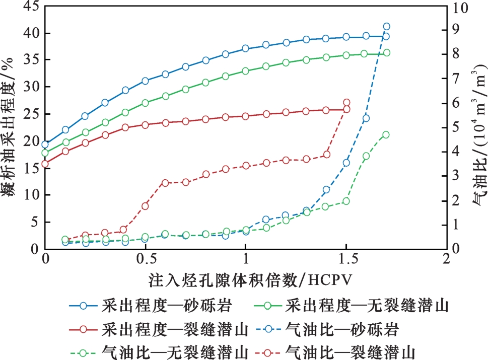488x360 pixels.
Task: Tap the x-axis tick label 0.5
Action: coord(145,259)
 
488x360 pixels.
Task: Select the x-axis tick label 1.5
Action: coord(346,259)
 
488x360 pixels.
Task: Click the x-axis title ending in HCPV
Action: coord(250,280)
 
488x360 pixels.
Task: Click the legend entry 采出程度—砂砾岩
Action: coord(151,306)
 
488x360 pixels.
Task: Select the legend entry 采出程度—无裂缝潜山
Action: coord(352,306)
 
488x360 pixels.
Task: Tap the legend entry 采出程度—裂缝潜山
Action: coord(159,329)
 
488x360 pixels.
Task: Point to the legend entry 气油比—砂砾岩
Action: coord(327,329)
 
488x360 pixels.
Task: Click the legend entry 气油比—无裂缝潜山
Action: coord(159,352)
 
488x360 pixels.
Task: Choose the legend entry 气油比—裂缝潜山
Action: coord(335,352)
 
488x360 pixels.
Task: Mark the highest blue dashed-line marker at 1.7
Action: coord(387,27)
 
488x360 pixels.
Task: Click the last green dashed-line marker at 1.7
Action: coord(386,135)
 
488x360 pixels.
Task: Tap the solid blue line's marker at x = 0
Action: coord(45,145)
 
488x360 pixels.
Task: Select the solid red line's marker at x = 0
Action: coord(45,164)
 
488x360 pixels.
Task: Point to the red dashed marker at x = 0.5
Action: coord(146,206)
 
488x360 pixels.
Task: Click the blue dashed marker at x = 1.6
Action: coord(366,118)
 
